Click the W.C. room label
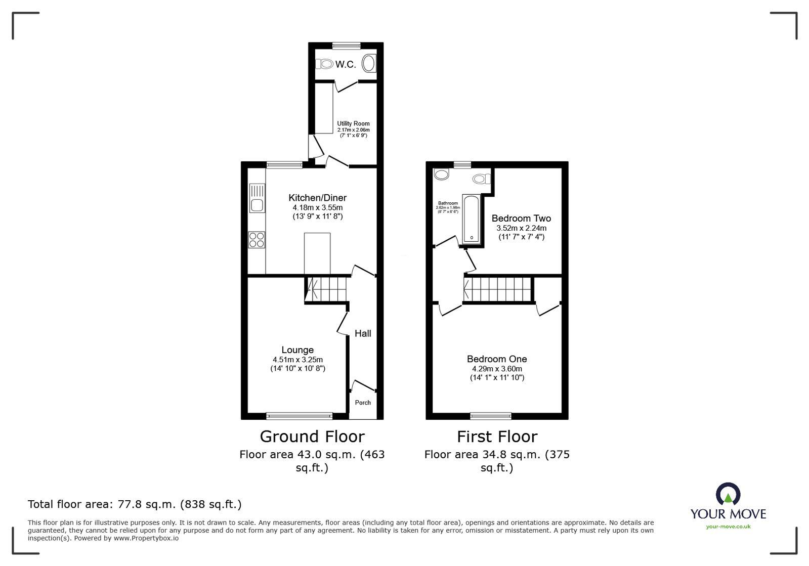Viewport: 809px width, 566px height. point(346,64)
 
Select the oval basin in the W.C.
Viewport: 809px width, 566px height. point(370,64)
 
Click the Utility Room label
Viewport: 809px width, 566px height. point(353,123)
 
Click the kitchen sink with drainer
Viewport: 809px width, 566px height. point(257,198)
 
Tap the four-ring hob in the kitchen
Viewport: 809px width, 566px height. point(257,240)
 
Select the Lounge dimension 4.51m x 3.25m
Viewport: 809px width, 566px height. point(297,360)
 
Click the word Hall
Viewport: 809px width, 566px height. point(363,333)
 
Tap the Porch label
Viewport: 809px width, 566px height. point(363,403)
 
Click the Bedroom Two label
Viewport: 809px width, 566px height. point(521,219)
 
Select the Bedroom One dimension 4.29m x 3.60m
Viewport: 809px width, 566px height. point(497,369)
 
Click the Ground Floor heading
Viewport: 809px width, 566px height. point(312,437)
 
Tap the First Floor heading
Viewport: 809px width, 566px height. point(497,437)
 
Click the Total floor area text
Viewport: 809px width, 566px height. point(135,504)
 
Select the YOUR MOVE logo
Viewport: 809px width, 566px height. point(728,506)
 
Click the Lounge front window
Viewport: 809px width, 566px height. point(300,416)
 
